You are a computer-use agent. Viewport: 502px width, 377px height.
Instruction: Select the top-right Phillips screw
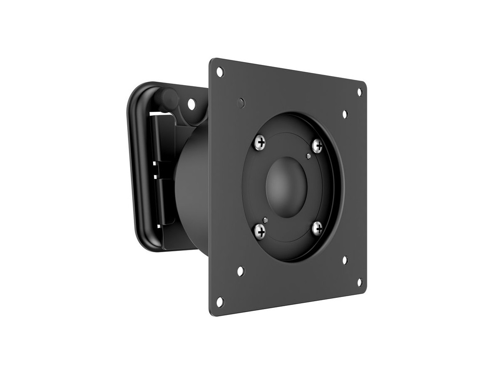tap(318, 145)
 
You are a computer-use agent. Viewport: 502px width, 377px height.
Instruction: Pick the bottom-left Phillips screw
tap(260, 230)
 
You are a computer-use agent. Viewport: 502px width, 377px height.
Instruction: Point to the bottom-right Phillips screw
tap(318, 228)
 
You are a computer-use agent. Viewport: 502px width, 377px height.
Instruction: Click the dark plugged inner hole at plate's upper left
tap(241, 101)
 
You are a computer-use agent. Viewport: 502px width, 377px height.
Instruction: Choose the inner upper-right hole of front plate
tap(345, 114)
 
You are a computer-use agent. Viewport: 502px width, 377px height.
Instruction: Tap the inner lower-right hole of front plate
tap(345, 260)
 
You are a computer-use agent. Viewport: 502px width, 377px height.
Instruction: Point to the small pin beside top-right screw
tap(308, 156)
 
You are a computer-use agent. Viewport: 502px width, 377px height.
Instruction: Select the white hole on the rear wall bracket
tap(192, 103)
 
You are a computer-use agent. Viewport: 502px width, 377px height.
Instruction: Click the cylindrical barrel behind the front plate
tap(192, 184)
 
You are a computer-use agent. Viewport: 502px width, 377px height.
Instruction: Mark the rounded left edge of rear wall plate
tap(133, 168)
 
